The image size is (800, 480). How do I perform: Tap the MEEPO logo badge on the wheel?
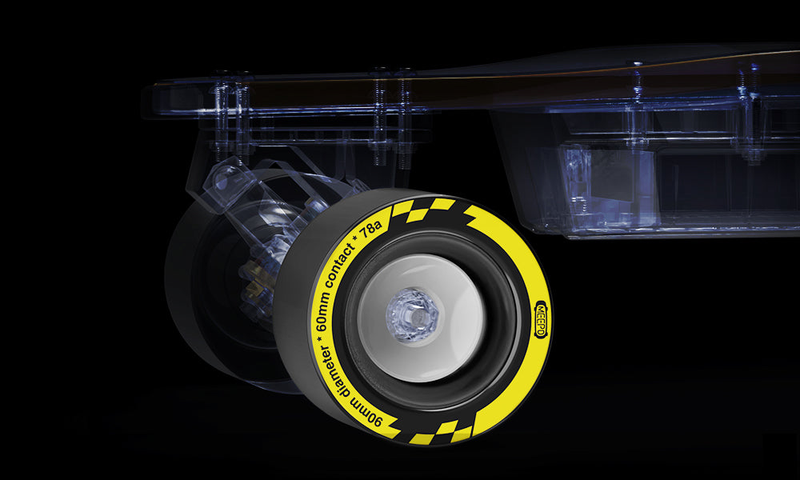(x=540, y=319)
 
